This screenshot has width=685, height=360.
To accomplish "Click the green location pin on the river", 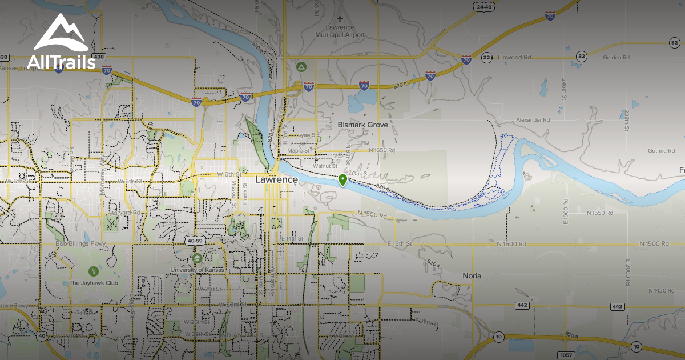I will tap(342, 181).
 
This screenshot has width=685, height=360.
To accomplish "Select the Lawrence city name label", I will tap(276, 179).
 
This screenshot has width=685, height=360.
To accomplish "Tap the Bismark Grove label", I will tap(362, 125).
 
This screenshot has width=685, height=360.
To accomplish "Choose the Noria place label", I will tap(472, 275).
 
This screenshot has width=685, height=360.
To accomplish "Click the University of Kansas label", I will tap(198, 269).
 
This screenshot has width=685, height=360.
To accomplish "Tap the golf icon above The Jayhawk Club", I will tap(93, 270).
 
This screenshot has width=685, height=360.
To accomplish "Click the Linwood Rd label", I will tap(514, 58).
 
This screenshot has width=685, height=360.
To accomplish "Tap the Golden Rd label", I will tap(616, 58).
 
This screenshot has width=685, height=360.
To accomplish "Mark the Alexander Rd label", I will tap(533, 120).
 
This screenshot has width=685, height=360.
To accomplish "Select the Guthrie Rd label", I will tap(646, 151).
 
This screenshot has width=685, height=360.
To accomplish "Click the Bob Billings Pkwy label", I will tap(82, 244).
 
